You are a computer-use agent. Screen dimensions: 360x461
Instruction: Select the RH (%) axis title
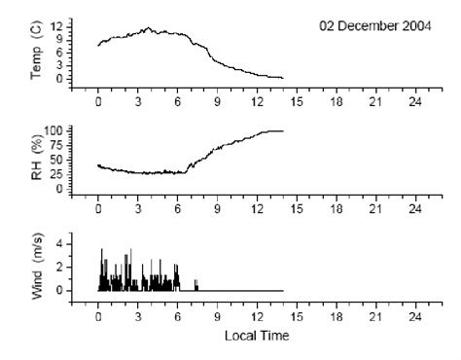pyautogui.click(x=37, y=160)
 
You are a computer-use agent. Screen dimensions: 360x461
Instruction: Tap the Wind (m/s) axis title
pyautogui.click(x=37, y=265)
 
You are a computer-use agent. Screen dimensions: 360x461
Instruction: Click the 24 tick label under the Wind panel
pyautogui.click(x=414, y=317)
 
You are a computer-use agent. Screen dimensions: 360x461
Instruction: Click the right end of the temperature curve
pyautogui.click(x=282, y=77)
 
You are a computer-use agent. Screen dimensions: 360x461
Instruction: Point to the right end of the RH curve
pyautogui.click(x=282, y=130)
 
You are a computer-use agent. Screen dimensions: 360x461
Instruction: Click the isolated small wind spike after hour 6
pyautogui.click(x=196, y=284)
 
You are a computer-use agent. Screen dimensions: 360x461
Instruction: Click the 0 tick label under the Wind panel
pyautogui.click(x=98, y=317)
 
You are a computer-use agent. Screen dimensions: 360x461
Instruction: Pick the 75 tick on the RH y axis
pyautogui.click(x=59, y=145)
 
